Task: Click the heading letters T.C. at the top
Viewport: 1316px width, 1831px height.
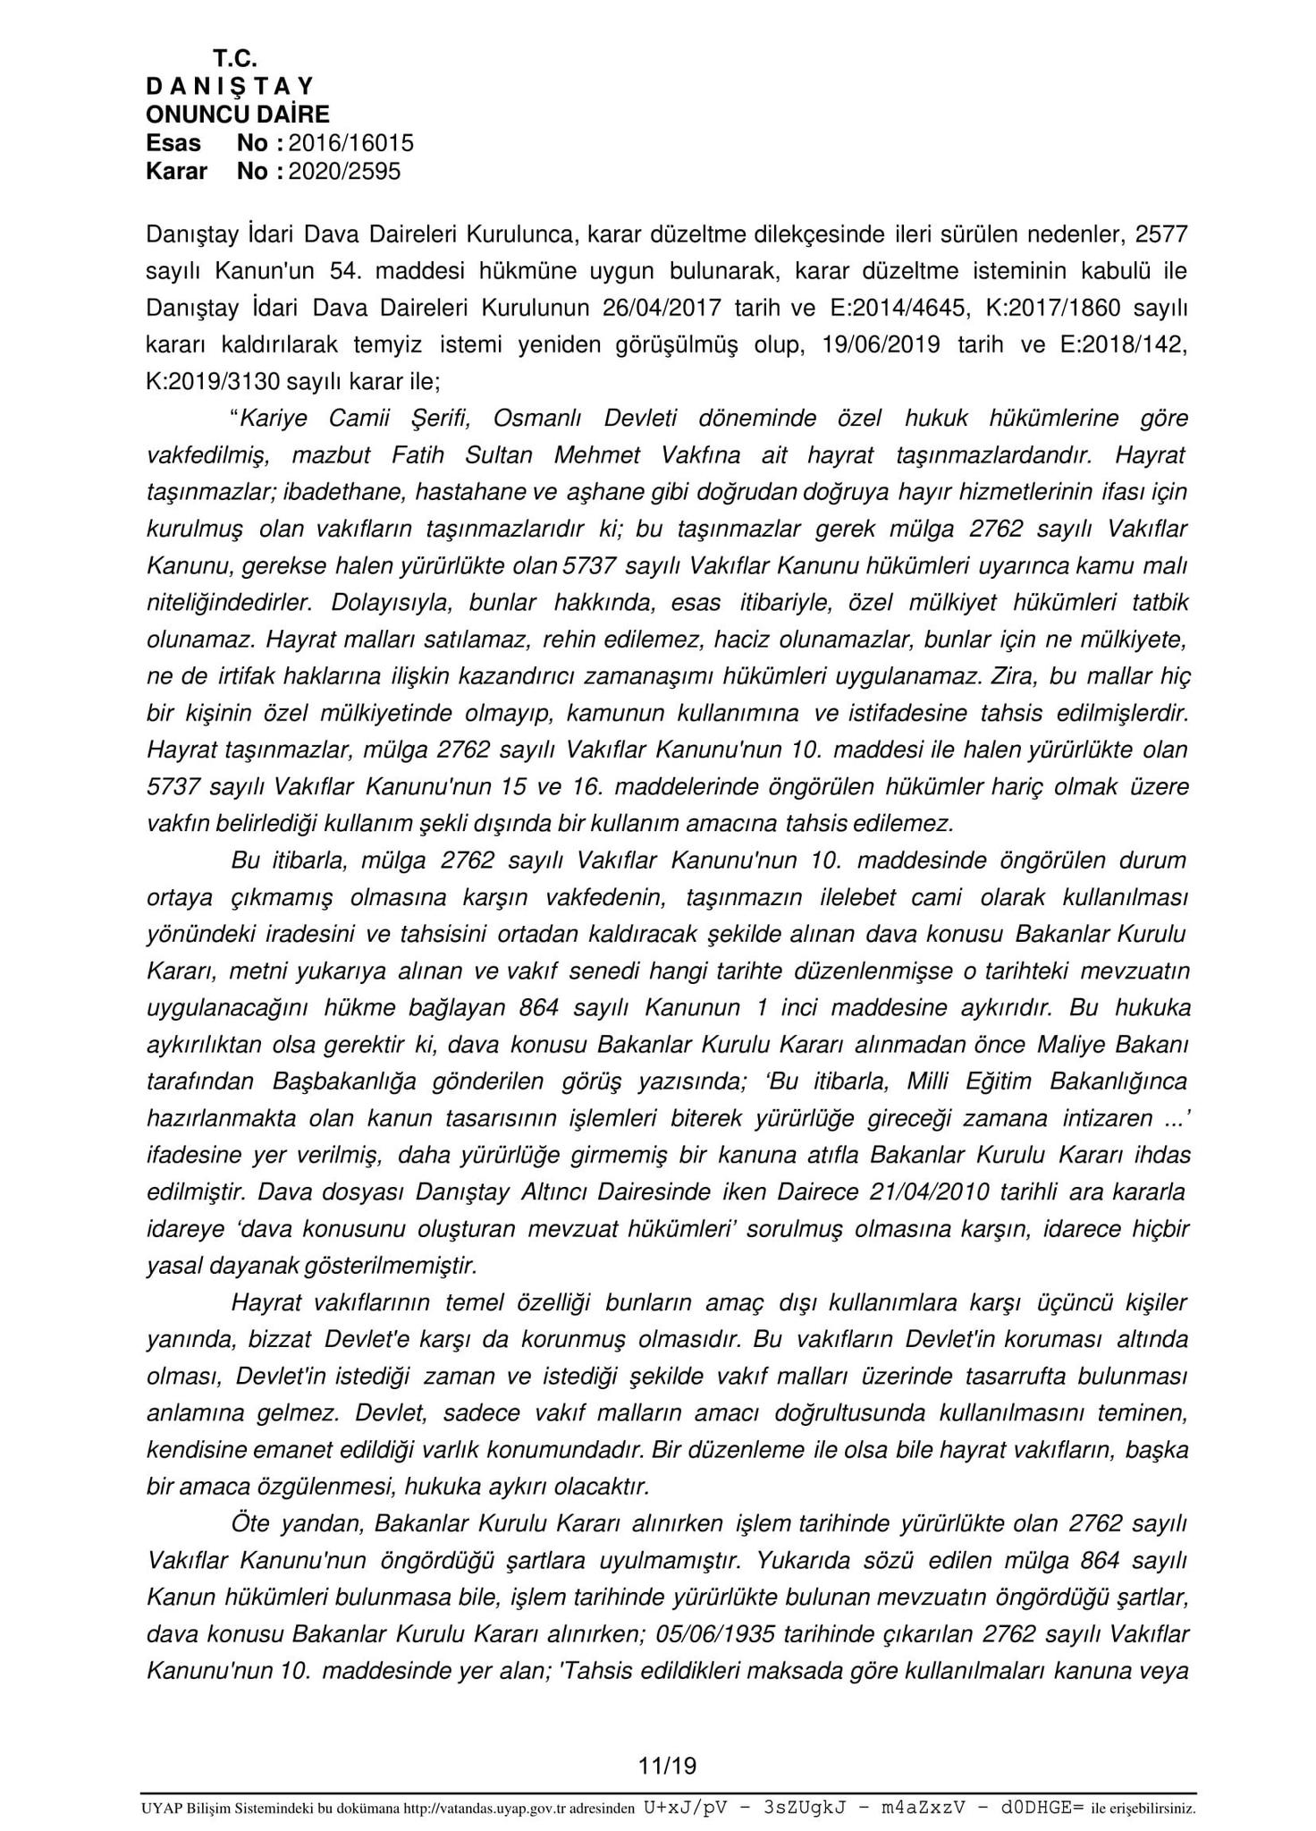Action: pos(235,59)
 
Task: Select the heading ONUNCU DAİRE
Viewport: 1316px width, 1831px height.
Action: pos(238,114)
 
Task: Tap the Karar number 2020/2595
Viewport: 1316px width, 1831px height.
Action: pos(345,171)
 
